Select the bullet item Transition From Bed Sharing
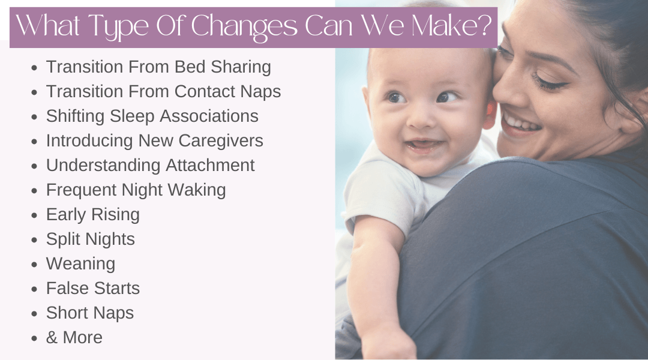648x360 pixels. pyautogui.click(x=158, y=67)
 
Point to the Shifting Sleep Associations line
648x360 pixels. pyautogui.click(x=152, y=116)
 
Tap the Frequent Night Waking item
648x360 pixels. pyautogui.click(x=136, y=190)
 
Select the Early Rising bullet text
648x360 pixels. pyautogui.click(x=93, y=215)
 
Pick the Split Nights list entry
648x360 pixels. pyautogui.click(x=91, y=239)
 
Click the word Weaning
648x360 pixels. pyautogui.click(x=80, y=264)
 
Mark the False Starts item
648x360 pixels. pyautogui.click(x=93, y=288)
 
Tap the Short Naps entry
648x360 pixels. pyautogui.click(x=90, y=313)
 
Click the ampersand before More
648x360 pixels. pyautogui.click(x=52, y=338)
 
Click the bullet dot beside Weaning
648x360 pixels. pyautogui.click(x=34, y=264)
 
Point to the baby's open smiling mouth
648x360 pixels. pyautogui.click(x=424, y=145)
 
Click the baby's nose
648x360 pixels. pyautogui.click(x=422, y=118)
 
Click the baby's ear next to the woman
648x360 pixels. pyautogui.click(x=490, y=111)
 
